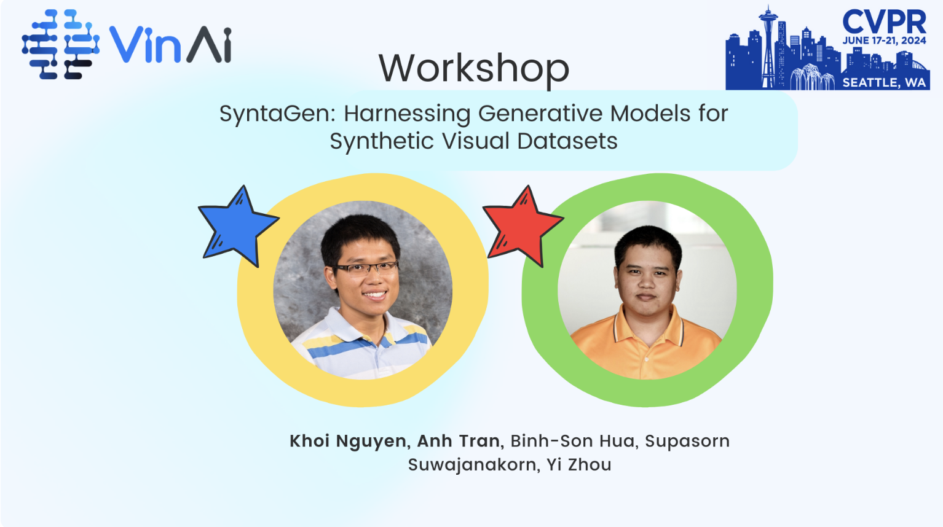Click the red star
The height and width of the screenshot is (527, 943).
523,227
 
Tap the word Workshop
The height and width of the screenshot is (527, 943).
474,69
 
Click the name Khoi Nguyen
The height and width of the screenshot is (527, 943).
348,441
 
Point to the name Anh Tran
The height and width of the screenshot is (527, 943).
459,441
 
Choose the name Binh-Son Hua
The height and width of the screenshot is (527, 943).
572,441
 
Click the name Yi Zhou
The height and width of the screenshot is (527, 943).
579,465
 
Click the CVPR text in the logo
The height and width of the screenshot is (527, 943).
884,22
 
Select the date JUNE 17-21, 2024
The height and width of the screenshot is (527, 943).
884,41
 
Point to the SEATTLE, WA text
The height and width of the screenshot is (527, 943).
884,82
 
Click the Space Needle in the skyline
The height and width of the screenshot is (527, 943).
768,46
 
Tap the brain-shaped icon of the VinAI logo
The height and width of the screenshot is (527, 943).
60,44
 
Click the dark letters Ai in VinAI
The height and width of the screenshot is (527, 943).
209,44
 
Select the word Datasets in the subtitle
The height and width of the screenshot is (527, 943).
567,141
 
